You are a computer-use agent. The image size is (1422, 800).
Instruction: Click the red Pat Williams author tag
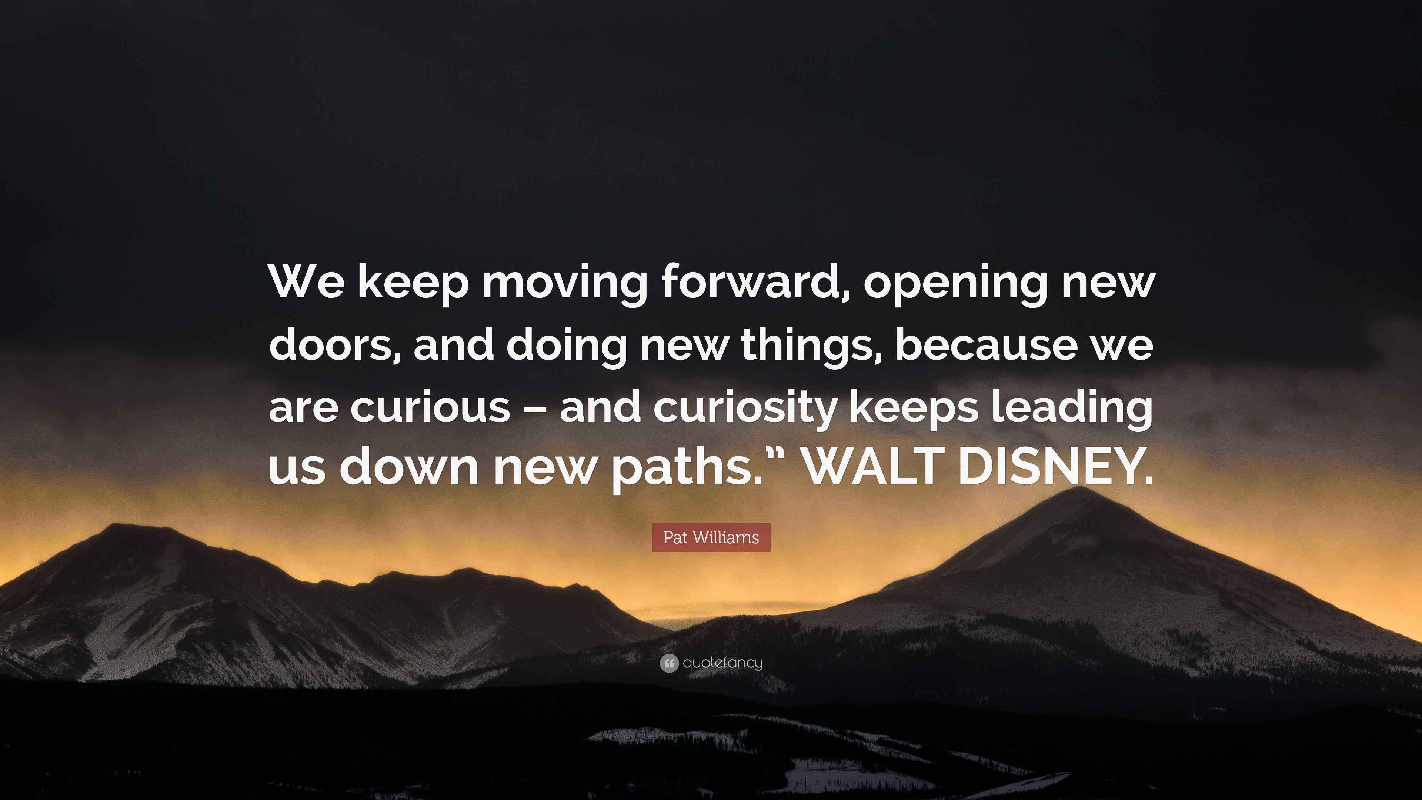pyautogui.click(x=711, y=537)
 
